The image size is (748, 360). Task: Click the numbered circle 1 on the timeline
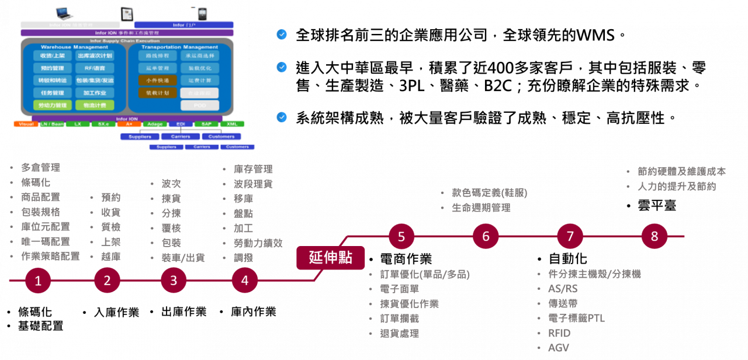(38, 281)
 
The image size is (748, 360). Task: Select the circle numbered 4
(244, 281)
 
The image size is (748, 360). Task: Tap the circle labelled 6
(486, 237)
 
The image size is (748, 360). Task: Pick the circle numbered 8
(654, 237)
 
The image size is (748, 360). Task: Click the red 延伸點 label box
(331, 258)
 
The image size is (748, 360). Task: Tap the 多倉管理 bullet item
(40, 168)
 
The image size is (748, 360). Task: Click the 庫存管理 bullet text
(252, 169)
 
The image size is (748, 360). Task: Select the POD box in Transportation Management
(199, 105)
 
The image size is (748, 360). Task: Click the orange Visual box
(26, 124)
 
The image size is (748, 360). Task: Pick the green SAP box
(206, 124)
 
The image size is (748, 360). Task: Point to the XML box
(232, 124)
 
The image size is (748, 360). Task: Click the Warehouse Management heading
(74, 47)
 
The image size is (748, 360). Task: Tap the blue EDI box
(180, 124)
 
